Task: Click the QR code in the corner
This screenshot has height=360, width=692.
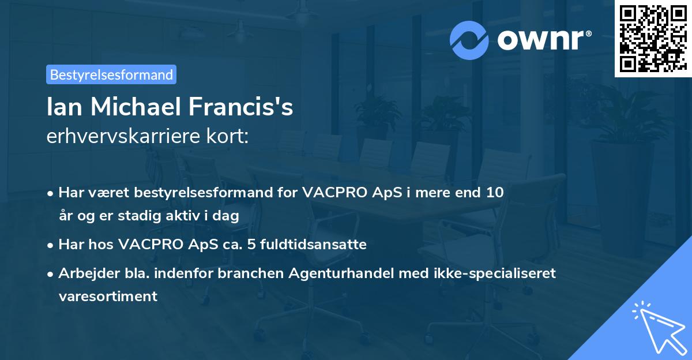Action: pyautogui.click(x=653, y=38)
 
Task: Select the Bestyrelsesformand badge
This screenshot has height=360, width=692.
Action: pyautogui.click(x=111, y=74)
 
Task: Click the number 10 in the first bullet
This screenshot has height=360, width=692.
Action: pyautogui.click(x=495, y=192)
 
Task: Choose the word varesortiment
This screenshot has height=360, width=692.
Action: pyautogui.click(x=107, y=296)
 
